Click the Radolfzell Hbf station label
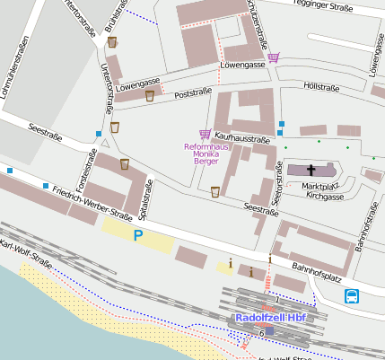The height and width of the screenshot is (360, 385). [273, 318]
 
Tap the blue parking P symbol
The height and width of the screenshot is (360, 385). [138, 235]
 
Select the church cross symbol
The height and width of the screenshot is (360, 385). [312, 170]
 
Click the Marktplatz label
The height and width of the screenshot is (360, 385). [321, 186]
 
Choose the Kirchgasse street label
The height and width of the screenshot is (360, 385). [324, 194]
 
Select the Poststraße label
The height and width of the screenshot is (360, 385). [193, 92]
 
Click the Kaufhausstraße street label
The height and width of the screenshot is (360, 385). [242, 139]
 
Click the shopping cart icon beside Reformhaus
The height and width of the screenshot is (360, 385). [205, 134]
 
